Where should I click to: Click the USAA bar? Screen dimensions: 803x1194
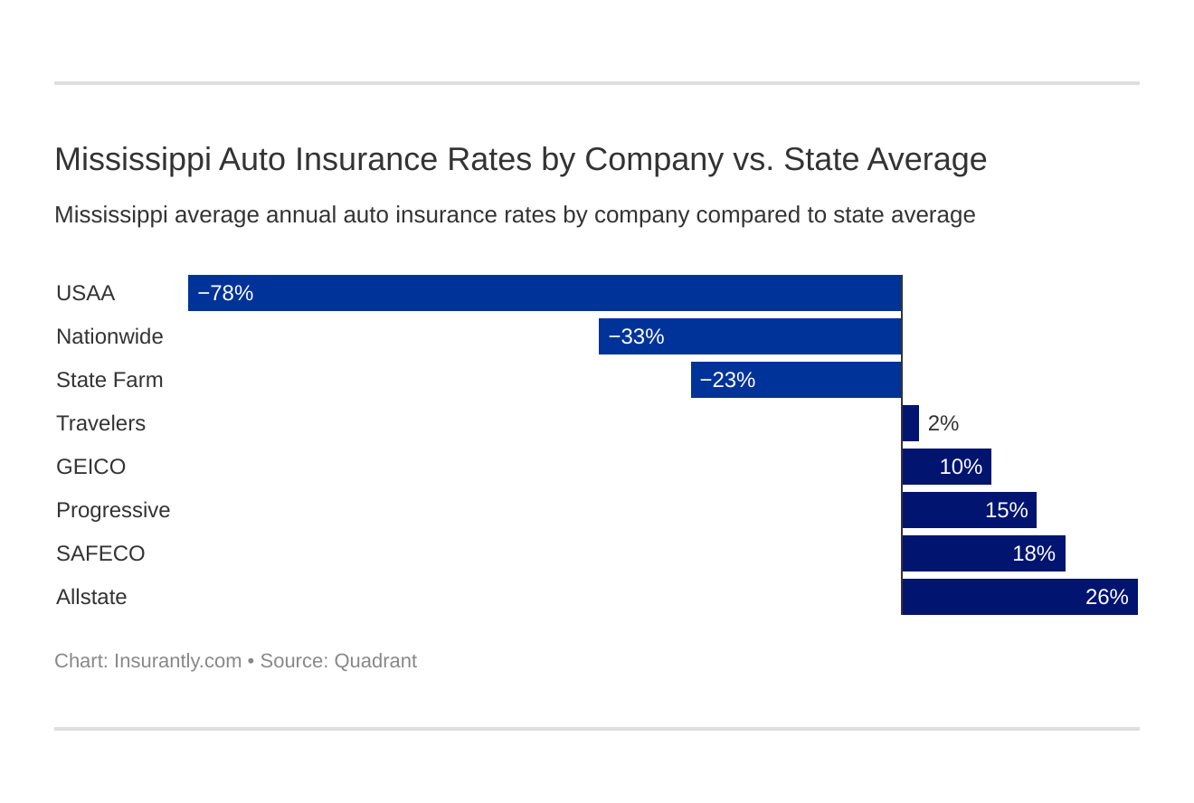coord(545,293)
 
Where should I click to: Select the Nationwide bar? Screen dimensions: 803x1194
coord(750,336)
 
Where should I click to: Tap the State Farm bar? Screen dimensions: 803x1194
coord(796,380)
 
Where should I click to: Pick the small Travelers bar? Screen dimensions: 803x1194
coord(910,423)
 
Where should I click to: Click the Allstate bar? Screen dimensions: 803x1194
coord(1019,597)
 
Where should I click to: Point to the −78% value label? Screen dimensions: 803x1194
coord(225,293)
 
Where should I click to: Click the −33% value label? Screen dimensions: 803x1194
coord(636,336)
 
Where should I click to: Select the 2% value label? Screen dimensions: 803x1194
coord(943,423)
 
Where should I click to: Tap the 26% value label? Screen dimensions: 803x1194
coord(1106,597)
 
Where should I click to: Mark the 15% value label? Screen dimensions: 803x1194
coord(1006,510)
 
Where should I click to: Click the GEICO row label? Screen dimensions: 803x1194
coord(90,467)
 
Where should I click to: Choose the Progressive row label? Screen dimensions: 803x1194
coord(113,510)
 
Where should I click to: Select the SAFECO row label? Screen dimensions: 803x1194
coord(100,553)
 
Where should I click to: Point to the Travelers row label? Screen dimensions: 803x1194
coord(100,423)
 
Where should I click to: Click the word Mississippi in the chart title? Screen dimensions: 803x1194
coord(132,159)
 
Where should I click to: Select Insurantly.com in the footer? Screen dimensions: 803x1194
coord(177,661)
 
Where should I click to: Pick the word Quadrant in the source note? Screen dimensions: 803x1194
coord(375,661)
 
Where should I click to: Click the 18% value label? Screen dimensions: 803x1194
coord(1033,553)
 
